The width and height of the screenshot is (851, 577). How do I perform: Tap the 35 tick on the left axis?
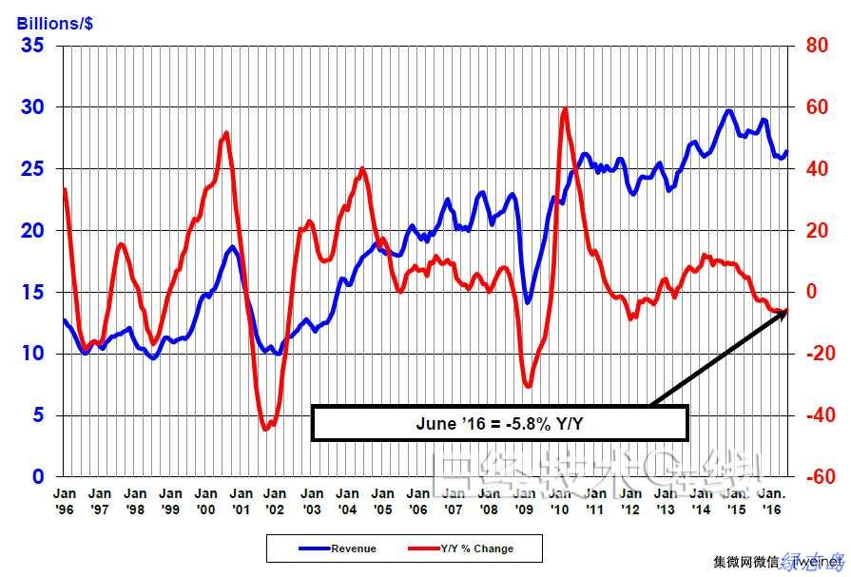[32, 45]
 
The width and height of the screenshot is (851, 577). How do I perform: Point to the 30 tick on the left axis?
[32, 106]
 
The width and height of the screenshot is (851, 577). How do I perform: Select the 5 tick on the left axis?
[38, 414]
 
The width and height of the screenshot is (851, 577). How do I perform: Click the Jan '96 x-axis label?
[64, 500]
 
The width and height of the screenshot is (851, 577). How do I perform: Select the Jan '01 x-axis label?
[242, 500]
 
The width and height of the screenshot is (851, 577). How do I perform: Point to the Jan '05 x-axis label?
[382, 500]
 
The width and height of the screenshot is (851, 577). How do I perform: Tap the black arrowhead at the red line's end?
[783, 313]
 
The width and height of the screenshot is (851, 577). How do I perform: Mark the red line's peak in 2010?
[566, 108]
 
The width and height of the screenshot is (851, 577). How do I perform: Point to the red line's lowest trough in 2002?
[266, 430]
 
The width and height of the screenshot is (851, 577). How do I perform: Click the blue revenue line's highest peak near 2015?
[729, 110]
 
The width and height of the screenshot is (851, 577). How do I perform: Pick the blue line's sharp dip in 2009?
[528, 303]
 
